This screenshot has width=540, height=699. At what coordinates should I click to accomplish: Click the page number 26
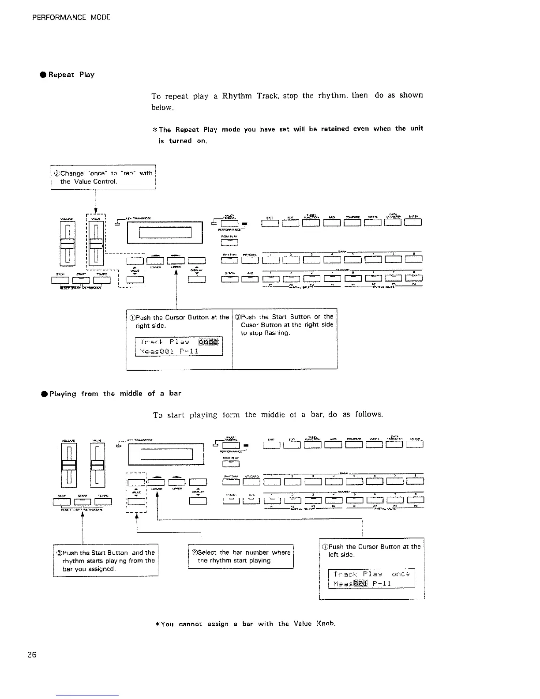tap(31, 654)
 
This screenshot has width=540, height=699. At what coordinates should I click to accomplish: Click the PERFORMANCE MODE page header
tap(71, 18)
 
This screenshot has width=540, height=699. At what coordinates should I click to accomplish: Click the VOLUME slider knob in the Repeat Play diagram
tap(67, 244)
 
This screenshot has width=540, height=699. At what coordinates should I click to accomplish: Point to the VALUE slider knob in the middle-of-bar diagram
tap(98, 466)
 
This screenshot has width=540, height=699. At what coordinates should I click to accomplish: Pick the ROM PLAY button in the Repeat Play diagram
tap(230, 241)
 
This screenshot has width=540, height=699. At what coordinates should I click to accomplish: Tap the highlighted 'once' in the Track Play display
tap(209, 342)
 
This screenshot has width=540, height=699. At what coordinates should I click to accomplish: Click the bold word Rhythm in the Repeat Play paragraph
tap(237, 95)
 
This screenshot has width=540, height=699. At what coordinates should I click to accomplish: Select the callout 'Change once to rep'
tap(103, 177)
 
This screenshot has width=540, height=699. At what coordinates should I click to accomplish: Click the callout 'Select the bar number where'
tap(241, 556)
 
